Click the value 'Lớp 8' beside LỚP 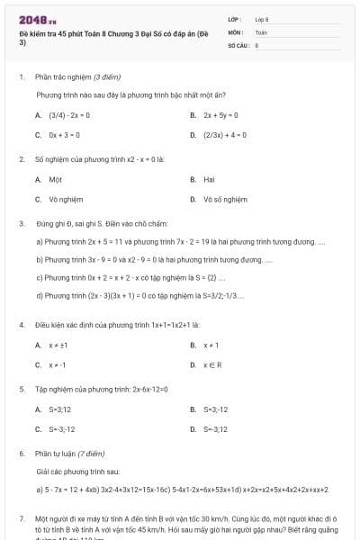(x=262, y=19)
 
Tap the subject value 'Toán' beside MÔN (x=261, y=31)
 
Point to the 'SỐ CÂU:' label (x=238, y=44)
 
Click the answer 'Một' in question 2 (x=55, y=179)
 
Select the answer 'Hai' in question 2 (x=209, y=179)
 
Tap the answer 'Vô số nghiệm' (x=225, y=199)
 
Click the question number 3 (x=21, y=222)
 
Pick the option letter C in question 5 (x=38, y=429)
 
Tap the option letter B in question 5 (x=193, y=409)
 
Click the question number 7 (x=21, y=519)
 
